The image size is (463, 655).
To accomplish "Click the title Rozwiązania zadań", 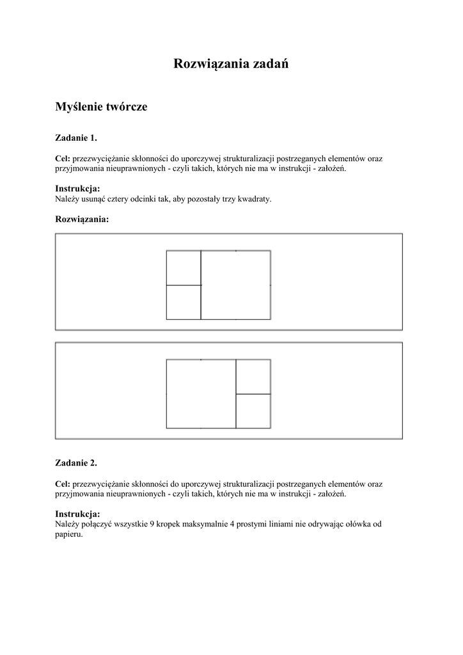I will coord(231,64).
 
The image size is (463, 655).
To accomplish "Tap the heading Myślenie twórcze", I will coord(101,107).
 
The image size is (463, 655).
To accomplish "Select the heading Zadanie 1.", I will coord(76,138).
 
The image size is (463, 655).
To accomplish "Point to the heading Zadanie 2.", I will coord(76,462).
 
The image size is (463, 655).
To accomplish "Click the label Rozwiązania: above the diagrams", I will coord(82,219).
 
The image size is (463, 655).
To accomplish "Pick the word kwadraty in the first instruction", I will coord(256,199).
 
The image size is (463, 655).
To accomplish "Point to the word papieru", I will coord(69,534).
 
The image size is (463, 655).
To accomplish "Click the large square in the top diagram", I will coord(235,285).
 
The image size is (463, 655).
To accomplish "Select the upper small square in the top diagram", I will coord(184,267).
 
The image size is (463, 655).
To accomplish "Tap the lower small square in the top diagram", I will coord(184,302).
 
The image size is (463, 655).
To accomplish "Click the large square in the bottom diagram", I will coord(201,394).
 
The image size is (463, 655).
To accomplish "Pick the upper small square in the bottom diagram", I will coord(253,377).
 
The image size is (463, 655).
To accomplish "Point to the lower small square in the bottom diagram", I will coord(253,411).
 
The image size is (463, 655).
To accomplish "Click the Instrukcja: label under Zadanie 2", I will coord(78,514).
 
